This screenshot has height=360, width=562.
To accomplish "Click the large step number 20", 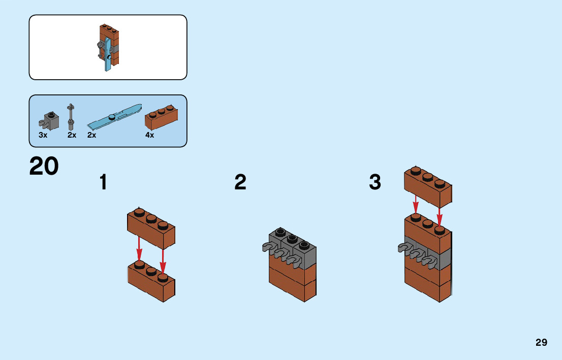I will [44, 166].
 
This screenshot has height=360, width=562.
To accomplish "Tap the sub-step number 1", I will [104, 182].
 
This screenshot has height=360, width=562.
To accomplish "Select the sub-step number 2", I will [240, 182].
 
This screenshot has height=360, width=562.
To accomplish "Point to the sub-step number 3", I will [375, 182].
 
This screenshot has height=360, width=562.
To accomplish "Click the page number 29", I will [541, 342].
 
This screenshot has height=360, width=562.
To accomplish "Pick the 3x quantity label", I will [43, 135].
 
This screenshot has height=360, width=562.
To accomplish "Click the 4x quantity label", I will [149, 135].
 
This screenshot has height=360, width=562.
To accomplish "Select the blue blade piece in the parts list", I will [114, 117].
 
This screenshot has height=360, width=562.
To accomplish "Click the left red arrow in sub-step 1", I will [139, 250].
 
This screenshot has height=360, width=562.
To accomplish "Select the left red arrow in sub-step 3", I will [416, 204].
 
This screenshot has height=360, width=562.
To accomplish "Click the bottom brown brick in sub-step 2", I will [292, 284].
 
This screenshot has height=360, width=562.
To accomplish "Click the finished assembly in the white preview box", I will [109, 47].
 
